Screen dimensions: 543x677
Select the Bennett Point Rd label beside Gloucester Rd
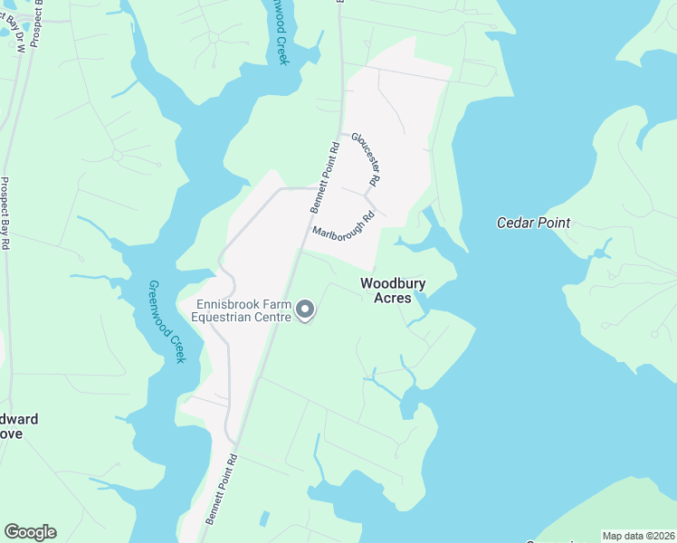pyautogui.click(x=324, y=176)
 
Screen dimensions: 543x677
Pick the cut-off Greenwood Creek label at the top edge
pyautogui.click(x=281, y=32)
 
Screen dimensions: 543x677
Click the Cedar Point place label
pyautogui.click(x=533, y=223)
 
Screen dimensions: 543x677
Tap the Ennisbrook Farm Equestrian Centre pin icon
pyautogui.click(x=306, y=311)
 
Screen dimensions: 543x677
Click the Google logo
pyautogui.click(x=30, y=532)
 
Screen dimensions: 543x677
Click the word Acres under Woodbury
pyautogui.click(x=393, y=298)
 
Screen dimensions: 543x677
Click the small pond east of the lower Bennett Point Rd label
pyautogui.click(x=263, y=519)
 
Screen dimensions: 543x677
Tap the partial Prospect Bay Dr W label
pyautogui.click(x=19, y=32)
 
